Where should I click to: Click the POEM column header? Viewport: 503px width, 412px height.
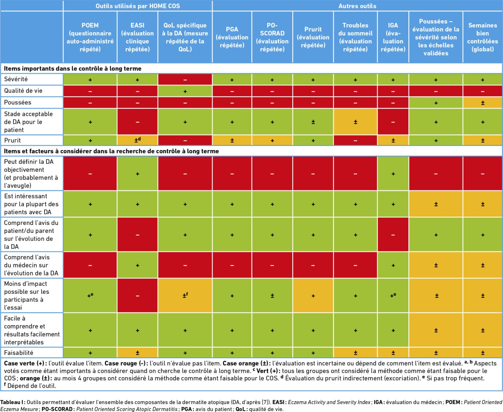click(90, 37)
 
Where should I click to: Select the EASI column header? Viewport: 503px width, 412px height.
click(138, 37)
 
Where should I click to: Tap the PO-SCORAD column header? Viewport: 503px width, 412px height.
click(272, 37)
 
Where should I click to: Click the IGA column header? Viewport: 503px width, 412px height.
click(393, 37)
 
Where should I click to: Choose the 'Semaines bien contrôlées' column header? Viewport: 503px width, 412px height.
click(482, 37)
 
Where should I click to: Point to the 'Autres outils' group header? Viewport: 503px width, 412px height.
click(357, 6)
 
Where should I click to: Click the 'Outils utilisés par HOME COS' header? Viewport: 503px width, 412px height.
click(138, 6)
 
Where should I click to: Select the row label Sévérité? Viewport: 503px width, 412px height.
click(16, 79)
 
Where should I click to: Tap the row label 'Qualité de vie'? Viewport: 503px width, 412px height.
click(23, 91)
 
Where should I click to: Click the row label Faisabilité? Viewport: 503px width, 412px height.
click(19, 352)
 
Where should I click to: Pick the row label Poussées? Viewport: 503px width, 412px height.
click(18, 102)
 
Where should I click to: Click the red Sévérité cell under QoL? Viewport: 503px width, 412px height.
click(185, 80)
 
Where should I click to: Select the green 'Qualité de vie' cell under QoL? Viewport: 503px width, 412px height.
click(185, 91)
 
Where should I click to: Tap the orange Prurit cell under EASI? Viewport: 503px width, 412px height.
click(138, 140)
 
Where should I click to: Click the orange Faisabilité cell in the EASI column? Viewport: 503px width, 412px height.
click(138, 353)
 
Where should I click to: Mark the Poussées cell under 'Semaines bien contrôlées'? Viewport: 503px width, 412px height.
click(482, 103)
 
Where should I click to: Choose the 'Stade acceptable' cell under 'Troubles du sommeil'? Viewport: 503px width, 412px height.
click(355, 122)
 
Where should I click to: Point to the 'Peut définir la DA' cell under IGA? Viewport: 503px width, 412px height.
click(393, 174)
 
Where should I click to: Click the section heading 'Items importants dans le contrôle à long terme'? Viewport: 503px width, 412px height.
click(73, 69)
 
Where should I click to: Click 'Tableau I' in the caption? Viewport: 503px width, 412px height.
click(12, 402)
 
